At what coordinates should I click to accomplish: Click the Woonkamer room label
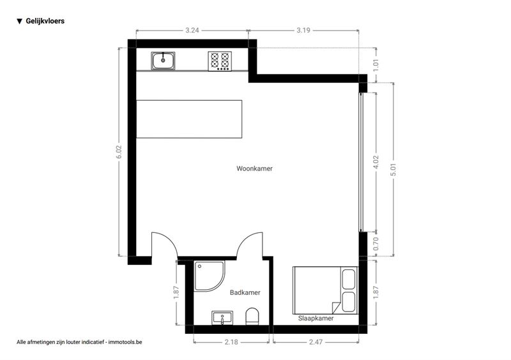pyautogui.click(x=254, y=169)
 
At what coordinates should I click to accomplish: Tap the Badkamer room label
pyautogui.click(x=245, y=292)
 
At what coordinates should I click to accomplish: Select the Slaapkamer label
pyautogui.click(x=316, y=318)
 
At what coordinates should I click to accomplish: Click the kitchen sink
pyautogui.click(x=163, y=61)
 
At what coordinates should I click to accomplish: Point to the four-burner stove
pyautogui.click(x=220, y=61)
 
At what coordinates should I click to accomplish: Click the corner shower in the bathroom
pyautogui.click(x=210, y=276)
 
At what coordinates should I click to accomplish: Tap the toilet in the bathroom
pyautogui.click(x=252, y=316)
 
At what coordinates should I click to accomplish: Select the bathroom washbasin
pyautogui.click(x=222, y=318)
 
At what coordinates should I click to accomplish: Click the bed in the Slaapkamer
pyautogui.click(x=325, y=290)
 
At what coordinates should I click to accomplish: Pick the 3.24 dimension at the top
pyautogui.click(x=192, y=30)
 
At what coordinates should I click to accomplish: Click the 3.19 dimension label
pyautogui.click(x=303, y=30)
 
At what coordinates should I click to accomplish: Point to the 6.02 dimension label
pyautogui.click(x=119, y=152)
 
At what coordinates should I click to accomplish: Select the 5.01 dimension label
pyautogui.click(x=393, y=169)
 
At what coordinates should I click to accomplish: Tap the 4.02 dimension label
pyautogui.click(x=376, y=162)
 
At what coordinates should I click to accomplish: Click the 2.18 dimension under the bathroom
pyautogui.click(x=231, y=342)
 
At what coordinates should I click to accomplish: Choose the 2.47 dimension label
pyautogui.click(x=316, y=342)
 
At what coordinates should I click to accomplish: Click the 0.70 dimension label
pyautogui.click(x=376, y=244)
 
